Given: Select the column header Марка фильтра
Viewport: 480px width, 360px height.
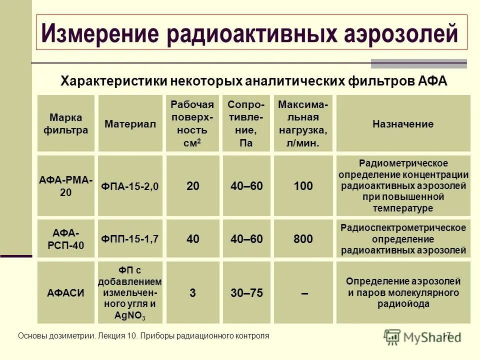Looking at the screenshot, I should pyautogui.click(x=65, y=123).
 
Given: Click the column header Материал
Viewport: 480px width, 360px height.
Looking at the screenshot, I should pyautogui.click(x=130, y=123).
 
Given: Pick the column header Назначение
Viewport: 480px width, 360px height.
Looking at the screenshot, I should pyautogui.click(x=402, y=123).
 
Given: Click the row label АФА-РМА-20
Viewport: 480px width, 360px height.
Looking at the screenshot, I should pyautogui.click(x=65, y=186).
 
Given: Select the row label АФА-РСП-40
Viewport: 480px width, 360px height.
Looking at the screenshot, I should pyautogui.click(x=65, y=239).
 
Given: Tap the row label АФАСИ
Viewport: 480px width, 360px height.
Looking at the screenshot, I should pyautogui.click(x=65, y=293).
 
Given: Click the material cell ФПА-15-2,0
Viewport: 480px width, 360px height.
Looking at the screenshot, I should pyautogui.click(x=130, y=186).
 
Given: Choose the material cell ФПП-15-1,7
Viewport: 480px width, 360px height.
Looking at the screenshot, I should pyautogui.click(x=130, y=239).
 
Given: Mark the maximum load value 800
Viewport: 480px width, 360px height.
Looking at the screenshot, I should pyautogui.click(x=303, y=239).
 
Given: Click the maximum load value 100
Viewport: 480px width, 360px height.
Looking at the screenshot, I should pyautogui.click(x=303, y=186).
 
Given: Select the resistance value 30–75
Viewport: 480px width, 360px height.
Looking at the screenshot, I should pyautogui.click(x=246, y=293).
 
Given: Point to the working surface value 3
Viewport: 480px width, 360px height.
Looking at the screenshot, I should pyautogui.click(x=192, y=293).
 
